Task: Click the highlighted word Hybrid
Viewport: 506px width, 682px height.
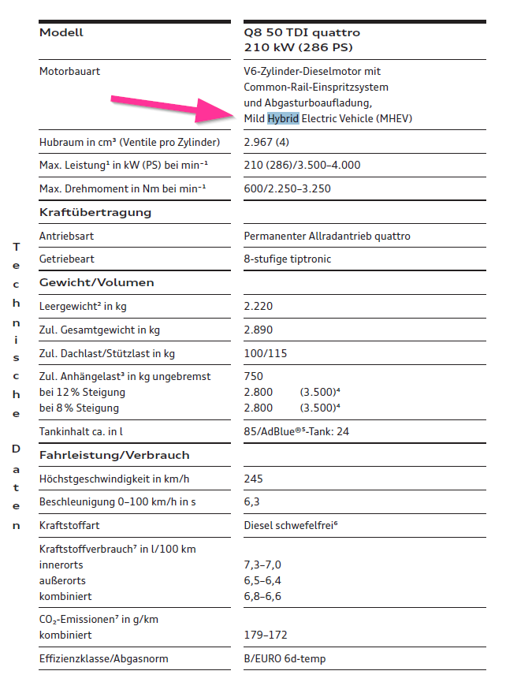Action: (x=283, y=118)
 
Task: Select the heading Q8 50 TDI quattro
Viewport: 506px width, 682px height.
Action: (x=302, y=33)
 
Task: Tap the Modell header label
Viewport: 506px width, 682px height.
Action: (x=61, y=33)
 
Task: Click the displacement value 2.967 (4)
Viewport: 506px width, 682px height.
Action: (x=266, y=142)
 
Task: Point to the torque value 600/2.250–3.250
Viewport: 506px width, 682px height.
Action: (x=287, y=188)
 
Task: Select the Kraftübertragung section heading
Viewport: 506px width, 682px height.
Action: (x=95, y=212)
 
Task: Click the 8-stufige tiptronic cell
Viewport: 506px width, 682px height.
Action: (x=288, y=259)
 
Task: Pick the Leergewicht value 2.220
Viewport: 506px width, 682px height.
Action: (x=259, y=306)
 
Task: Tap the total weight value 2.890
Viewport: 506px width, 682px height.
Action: (x=259, y=330)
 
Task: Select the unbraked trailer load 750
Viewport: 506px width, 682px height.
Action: (x=254, y=377)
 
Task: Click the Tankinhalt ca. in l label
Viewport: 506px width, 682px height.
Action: (x=81, y=431)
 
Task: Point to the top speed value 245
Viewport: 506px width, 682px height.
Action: (x=254, y=479)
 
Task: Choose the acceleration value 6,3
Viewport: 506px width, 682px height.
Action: (x=251, y=501)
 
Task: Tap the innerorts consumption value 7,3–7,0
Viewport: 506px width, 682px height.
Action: (x=262, y=565)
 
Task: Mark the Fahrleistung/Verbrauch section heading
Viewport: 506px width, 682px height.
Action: (x=114, y=455)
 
